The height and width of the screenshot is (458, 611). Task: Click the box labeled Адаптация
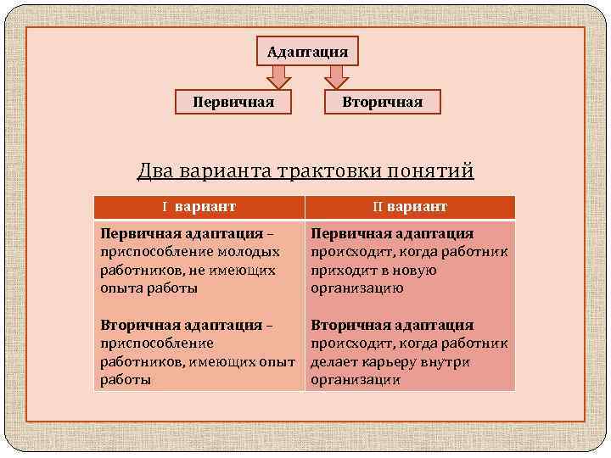307,52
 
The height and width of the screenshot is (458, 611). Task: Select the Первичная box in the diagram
233,102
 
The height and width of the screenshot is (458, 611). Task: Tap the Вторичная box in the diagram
382,102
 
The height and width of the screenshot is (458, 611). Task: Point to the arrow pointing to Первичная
277,77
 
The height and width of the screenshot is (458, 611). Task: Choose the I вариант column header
199,207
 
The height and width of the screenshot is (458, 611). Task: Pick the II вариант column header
410,207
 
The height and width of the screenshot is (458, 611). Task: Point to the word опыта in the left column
120,288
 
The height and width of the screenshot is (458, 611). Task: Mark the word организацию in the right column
357,288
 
